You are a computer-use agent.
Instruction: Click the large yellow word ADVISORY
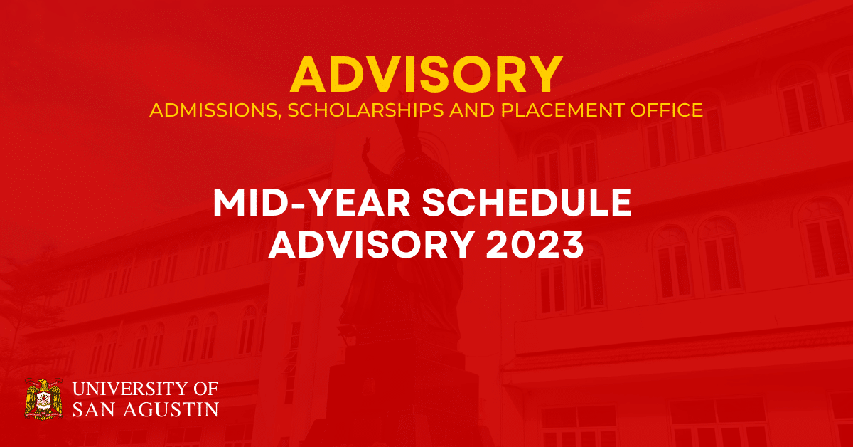pos(426,74)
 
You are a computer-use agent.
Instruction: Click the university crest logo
pos(44,399)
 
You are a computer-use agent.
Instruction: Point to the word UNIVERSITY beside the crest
pos(125,389)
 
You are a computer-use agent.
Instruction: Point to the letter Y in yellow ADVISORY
pos(544,74)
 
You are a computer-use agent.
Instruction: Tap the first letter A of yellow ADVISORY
pos(309,74)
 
